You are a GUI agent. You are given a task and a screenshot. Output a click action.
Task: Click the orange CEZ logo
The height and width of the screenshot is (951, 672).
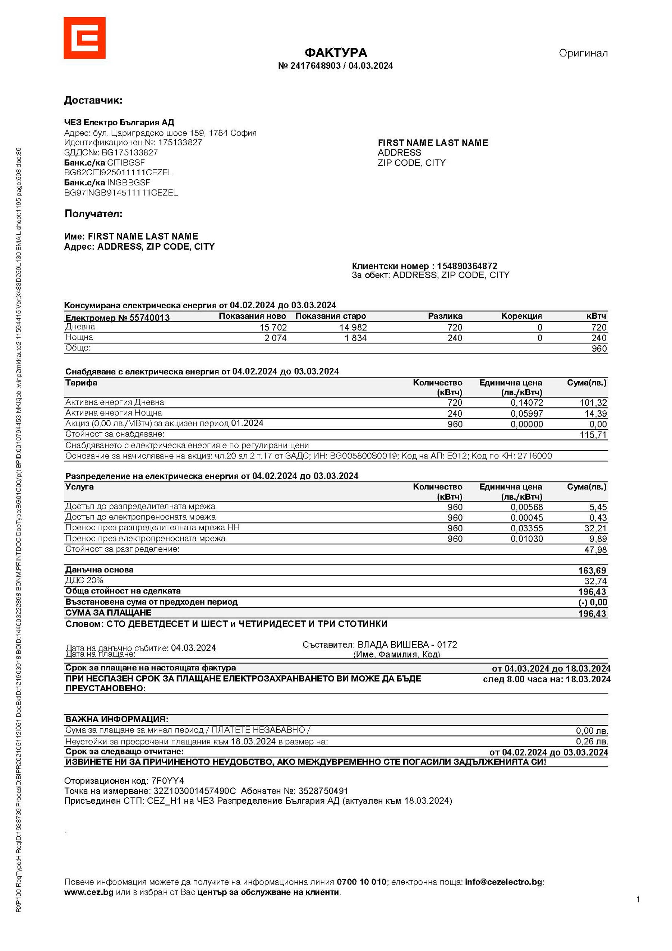tap(84, 38)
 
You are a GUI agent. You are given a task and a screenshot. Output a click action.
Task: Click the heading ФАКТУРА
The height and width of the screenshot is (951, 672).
tap(336, 53)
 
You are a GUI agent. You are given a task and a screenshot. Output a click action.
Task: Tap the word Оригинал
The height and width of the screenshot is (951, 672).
tap(583, 53)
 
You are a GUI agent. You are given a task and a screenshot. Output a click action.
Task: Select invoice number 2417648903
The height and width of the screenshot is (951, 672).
tap(315, 66)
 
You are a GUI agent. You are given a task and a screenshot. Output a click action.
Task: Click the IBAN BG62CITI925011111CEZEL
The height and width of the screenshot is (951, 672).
tap(118, 172)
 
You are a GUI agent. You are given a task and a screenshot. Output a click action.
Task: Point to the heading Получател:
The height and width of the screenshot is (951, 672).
tap(93, 214)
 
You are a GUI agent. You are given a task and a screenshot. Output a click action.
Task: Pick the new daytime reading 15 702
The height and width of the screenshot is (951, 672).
tap(273, 327)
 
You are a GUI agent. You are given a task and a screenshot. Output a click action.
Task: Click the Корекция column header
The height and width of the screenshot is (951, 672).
tap(522, 316)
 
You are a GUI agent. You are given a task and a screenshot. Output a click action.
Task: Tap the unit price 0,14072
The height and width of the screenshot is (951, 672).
tap(526, 402)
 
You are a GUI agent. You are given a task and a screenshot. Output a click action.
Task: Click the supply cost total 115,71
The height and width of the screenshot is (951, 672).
tap(593, 435)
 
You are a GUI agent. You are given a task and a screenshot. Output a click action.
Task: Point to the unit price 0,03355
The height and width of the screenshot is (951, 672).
tap(526, 528)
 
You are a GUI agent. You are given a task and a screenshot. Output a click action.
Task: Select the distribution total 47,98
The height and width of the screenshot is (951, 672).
tap(595, 550)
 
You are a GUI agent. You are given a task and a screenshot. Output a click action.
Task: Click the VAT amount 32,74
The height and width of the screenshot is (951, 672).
tap(595, 581)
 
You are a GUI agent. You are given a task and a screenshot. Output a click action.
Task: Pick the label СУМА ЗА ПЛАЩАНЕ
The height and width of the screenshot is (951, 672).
tap(108, 612)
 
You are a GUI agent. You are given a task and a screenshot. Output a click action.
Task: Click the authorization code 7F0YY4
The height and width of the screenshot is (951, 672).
tap(168, 781)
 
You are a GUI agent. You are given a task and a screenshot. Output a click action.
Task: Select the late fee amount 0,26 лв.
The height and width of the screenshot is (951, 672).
tap(592, 741)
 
